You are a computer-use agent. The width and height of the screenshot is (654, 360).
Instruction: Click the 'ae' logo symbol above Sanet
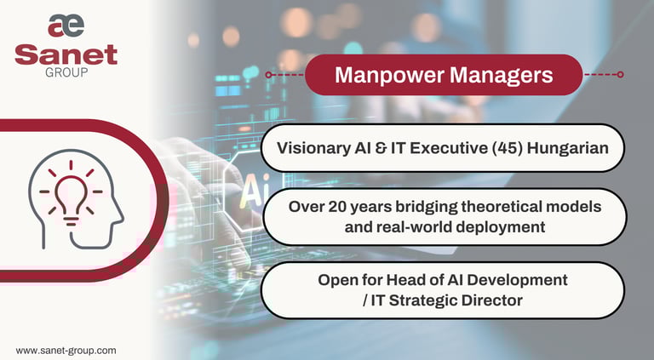click(x=66, y=26)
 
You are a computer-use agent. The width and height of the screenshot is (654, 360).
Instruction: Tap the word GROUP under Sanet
click(x=66, y=72)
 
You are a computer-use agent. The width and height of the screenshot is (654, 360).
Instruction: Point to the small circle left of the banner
click(x=268, y=75)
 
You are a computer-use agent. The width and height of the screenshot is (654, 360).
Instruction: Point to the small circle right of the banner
click(x=620, y=75)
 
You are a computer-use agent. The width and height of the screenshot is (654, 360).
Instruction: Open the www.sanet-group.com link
click(x=66, y=350)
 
